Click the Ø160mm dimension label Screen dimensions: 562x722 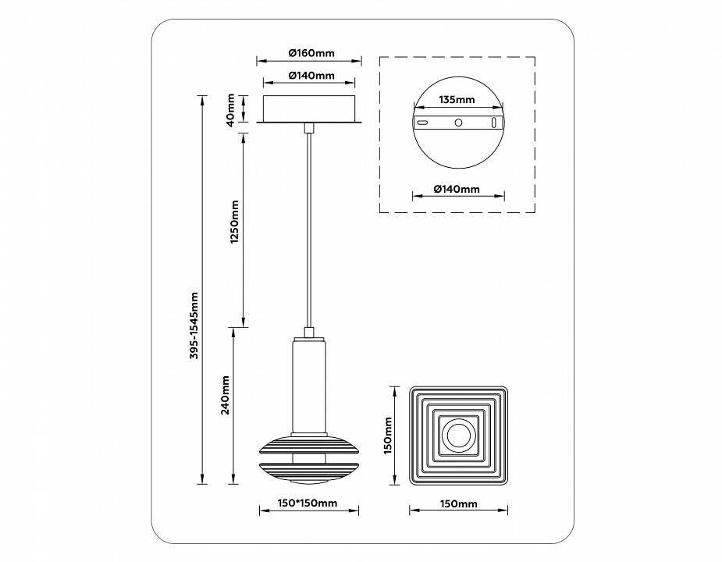(311, 53)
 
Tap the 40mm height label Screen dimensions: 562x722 (230, 108)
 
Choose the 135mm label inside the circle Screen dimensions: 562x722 (457, 100)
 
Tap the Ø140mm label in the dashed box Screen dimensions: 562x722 (457, 189)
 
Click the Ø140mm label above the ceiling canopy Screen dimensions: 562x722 (311, 76)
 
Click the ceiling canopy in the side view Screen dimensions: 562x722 (311, 108)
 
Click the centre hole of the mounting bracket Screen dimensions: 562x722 (458, 123)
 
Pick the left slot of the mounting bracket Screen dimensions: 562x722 (422, 123)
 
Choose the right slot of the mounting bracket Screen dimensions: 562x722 (493, 123)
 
